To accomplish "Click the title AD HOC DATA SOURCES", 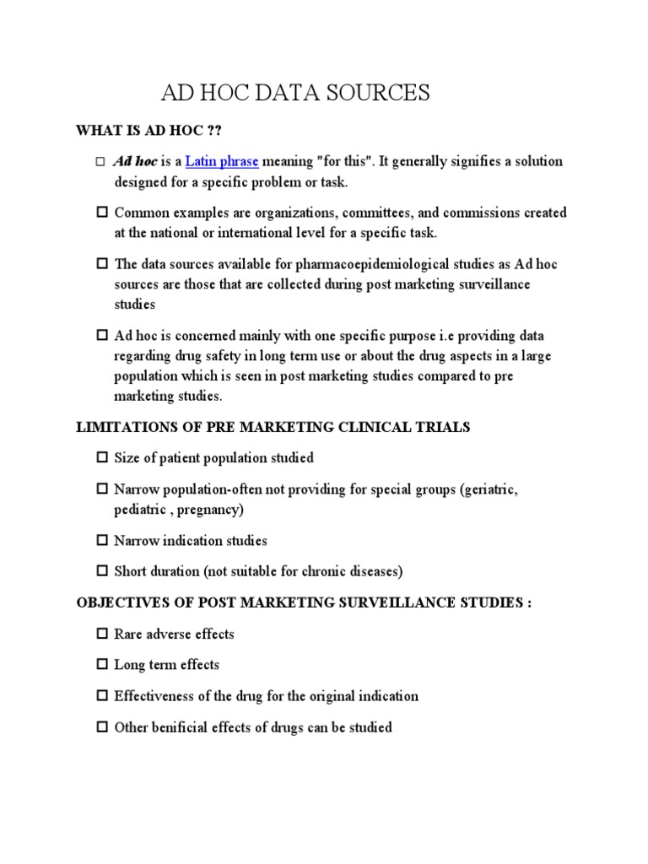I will [295, 93].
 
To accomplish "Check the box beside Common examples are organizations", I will [102, 213].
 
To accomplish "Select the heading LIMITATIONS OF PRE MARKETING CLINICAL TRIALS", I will [273, 427].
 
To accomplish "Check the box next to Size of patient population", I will [102, 458].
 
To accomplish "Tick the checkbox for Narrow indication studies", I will [102, 541].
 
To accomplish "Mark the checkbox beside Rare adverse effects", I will [102, 634].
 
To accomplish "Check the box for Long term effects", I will [102, 665].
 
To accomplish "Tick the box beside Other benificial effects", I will [102, 727].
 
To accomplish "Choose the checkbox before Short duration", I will [102, 572].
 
